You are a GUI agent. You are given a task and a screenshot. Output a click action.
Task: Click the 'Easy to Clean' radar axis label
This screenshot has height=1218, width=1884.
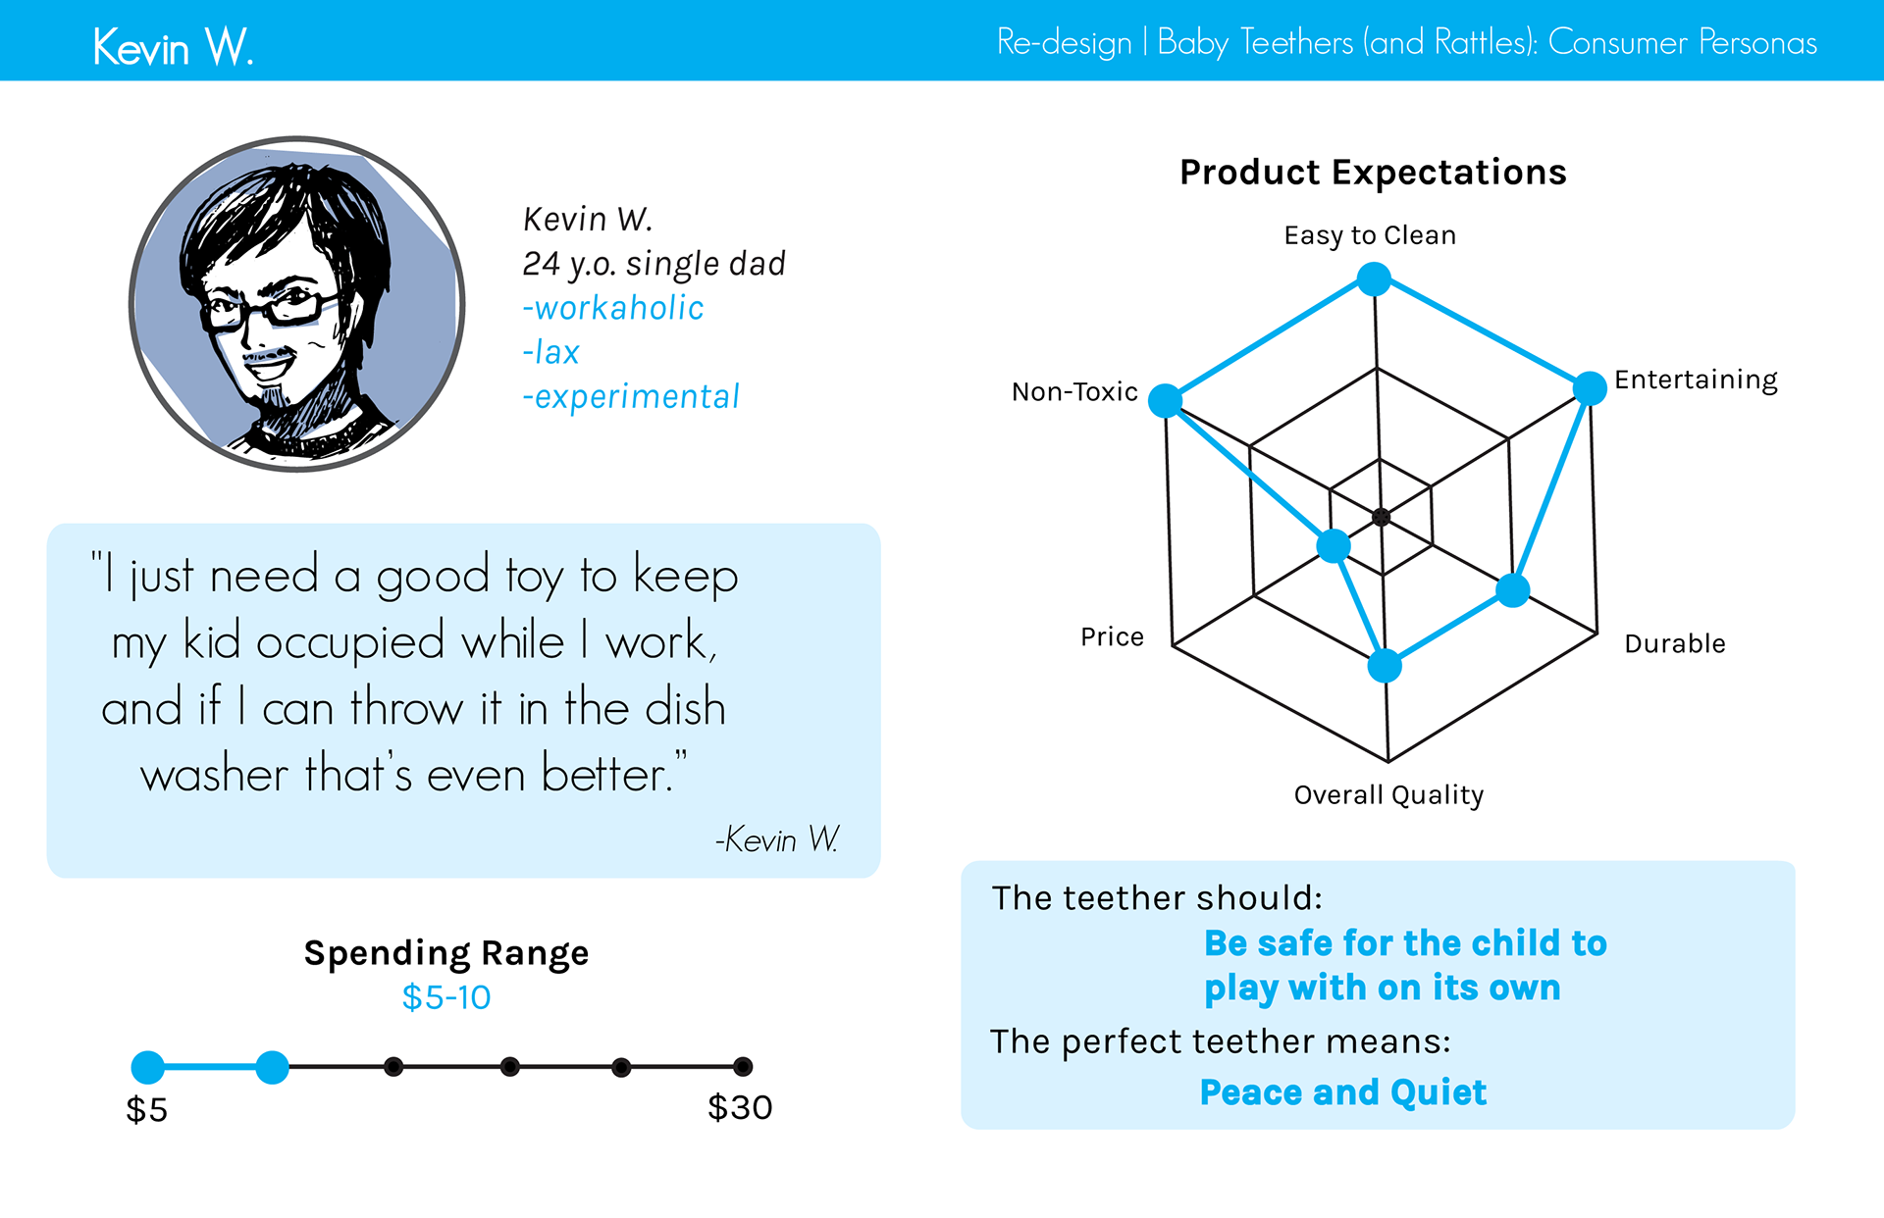click(1370, 235)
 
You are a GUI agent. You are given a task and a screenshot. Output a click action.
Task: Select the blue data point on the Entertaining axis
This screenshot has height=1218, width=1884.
click(1590, 388)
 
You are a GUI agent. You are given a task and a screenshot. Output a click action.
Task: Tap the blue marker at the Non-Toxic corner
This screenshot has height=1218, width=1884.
click(1166, 400)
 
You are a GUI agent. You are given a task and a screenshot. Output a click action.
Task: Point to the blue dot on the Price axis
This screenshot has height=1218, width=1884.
click(1334, 545)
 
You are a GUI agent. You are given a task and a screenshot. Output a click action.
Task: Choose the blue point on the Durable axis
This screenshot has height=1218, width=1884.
click(1513, 590)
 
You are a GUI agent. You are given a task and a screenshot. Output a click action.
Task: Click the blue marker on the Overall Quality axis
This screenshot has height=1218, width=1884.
click(1385, 666)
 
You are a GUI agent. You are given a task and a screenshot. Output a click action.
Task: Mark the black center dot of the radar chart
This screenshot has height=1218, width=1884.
click(1381, 517)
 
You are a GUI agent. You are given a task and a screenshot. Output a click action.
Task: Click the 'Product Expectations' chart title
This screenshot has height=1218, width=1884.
click(1373, 172)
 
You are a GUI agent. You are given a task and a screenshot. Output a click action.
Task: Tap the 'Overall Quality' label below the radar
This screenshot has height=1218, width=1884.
click(1388, 795)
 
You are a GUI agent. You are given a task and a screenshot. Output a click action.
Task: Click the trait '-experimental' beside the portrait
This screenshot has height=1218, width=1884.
click(631, 396)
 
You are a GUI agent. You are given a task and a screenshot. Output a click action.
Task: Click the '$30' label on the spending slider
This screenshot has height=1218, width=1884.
click(740, 1107)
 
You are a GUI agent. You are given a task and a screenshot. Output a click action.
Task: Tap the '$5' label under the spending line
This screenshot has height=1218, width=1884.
click(147, 1109)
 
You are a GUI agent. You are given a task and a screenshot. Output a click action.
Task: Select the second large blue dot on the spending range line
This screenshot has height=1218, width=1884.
click(272, 1067)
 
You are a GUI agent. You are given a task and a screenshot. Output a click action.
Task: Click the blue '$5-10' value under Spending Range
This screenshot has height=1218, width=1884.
click(446, 997)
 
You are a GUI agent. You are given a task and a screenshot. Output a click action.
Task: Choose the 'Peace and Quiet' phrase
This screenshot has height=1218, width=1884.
click(1343, 1092)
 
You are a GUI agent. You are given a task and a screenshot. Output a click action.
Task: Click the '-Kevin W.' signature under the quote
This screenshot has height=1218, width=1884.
click(777, 839)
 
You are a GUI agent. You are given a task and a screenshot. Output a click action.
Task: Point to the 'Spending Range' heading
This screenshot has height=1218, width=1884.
click(446, 953)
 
